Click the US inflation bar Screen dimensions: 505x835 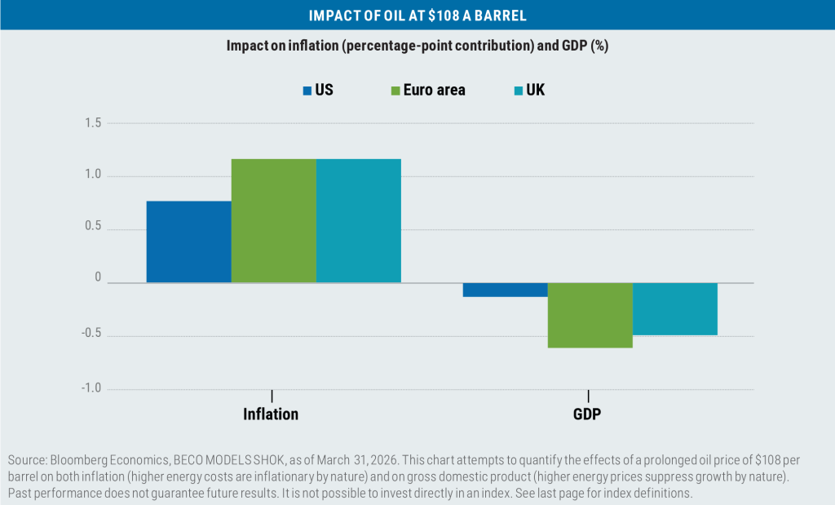click(188, 241)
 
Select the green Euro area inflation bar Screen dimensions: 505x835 click(273, 220)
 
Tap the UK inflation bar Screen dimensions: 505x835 click(358, 220)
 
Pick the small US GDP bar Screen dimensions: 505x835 click(505, 290)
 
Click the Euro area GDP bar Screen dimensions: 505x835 click(590, 315)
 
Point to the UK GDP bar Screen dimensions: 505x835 click(674, 308)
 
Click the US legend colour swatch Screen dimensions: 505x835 click(307, 91)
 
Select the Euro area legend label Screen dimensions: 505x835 click(434, 91)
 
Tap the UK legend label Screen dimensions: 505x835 click(535, 91)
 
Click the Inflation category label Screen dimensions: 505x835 click(271, 414)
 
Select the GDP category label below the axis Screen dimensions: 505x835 click(587, 414)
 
